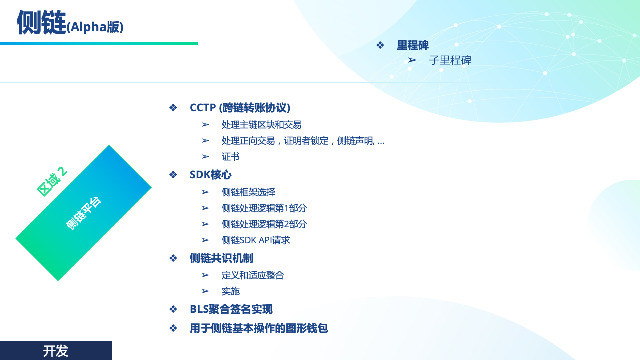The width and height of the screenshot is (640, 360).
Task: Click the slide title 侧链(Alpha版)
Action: pos(70,23)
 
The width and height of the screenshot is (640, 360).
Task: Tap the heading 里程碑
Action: pos(413,45)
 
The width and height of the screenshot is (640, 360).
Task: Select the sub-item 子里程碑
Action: pos(450,60)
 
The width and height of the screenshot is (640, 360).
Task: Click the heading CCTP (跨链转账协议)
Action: pos(240,108)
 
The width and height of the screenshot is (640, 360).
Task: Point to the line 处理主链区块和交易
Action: pos(261,125)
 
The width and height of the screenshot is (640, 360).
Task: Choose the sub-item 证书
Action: pos(230,157)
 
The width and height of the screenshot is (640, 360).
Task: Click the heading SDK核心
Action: pos(210,175)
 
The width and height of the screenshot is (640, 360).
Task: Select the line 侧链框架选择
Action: pos(248,192)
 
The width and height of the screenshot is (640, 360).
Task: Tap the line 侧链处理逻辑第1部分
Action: pos(264,208)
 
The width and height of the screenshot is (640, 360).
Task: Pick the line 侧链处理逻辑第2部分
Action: pos(264,224)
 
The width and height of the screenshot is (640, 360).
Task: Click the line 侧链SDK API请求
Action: pos(255,240)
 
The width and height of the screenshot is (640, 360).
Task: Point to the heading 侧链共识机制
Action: pos(221,258)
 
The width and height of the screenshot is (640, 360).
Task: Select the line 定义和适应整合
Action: pos(253,275)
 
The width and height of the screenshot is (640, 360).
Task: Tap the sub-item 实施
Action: pos(230,291)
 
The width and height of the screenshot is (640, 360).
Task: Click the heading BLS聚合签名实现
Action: pos(231,309)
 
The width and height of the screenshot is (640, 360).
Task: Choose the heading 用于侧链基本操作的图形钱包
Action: pos(259,328)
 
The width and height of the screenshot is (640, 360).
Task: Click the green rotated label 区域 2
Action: pos(52,181)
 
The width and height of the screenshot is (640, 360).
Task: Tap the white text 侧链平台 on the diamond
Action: pos(83,213)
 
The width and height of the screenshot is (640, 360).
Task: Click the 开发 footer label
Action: pos(55,351)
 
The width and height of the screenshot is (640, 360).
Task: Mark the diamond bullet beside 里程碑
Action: pos(380,45)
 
